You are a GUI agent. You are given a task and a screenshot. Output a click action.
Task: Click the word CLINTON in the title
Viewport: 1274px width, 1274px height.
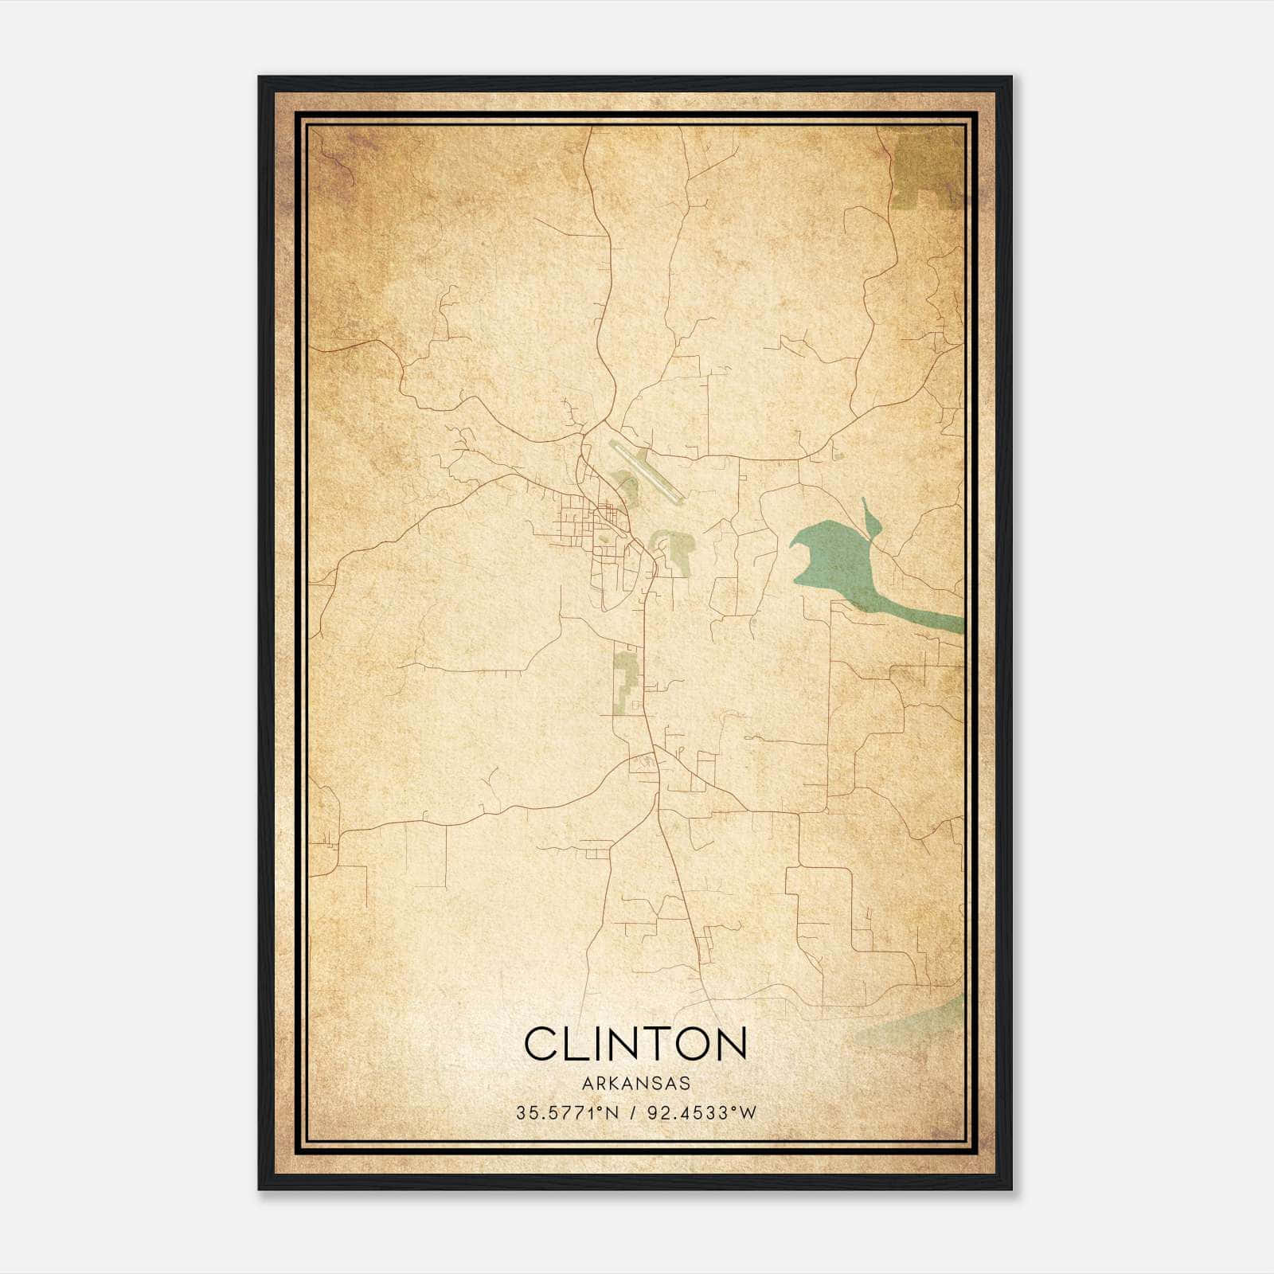click(635, 1044)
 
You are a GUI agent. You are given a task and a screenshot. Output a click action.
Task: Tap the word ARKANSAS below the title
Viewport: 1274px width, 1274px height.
click(635, 1084)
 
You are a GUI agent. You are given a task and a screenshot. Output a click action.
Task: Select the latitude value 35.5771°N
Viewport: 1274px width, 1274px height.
click(567, 1113)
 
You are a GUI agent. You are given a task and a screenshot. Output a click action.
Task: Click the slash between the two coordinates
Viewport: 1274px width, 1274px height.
click(631, 1113)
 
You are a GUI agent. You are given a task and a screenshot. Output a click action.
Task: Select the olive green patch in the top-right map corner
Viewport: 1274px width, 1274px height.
click(928, 167)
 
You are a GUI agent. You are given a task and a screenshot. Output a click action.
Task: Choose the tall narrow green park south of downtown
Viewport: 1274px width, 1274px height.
click(627, 681)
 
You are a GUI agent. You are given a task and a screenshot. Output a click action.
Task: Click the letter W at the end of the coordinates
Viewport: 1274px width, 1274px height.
click(747, 1113)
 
